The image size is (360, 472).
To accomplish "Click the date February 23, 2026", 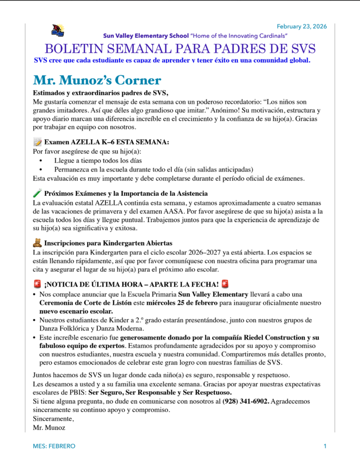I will pyautogui.click(x=301, y=26).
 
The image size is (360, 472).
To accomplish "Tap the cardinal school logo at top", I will pyautogui.click(x=58, y=31).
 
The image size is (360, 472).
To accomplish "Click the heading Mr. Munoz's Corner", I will pyautogui.click(x=97, y=80).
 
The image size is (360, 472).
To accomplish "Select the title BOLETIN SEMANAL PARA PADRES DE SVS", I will pyautogui.click(x=180, y=49).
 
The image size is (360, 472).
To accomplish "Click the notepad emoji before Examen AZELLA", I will pyautogui.click(x=38, y=142).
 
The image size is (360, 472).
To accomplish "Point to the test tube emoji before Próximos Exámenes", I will pyautogui.click(x=38, y=194).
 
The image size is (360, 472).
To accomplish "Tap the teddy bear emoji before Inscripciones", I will pyautogui.click(x=38, y=243).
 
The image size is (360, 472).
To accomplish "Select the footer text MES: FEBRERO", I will pyautogui.click(x=54, y=446).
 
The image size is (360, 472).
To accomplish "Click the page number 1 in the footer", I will pyautogui.click(x=325, y=446).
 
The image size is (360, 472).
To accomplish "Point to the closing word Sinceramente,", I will pyautogui.click(x=53, y=419).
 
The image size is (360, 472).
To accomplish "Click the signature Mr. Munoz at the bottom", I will pyautogui.click(x=49, y=428).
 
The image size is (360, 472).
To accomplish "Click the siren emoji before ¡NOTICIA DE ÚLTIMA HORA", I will pyautogui.click(x=38, y=284).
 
